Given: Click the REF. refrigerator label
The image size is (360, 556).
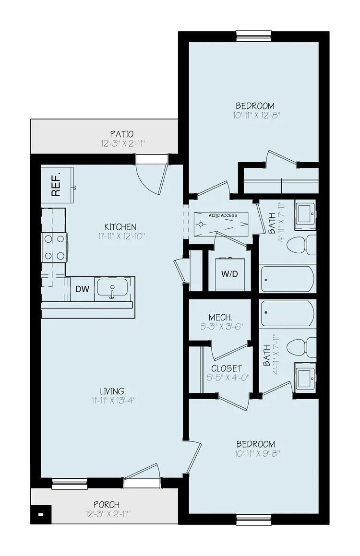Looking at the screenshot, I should (56, 184).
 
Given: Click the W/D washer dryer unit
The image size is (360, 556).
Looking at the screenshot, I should (229, 274).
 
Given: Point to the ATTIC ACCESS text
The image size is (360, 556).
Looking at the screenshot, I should (223, 215).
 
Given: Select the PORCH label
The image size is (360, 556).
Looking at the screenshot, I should (107, 505).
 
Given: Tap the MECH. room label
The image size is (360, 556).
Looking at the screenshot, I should (220, 317).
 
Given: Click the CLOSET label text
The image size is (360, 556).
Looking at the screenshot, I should (226, 368).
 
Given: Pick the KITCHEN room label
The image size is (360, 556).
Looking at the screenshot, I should (120, 226).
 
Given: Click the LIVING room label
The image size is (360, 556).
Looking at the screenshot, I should (112, 391).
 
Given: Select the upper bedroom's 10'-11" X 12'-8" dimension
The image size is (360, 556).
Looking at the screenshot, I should (254, 116).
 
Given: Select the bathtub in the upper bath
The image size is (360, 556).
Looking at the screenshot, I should (288, 279).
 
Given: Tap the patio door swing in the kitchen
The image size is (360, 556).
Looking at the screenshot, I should (153, 176).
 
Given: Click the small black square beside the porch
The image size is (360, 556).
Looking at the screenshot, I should (41, 515).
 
